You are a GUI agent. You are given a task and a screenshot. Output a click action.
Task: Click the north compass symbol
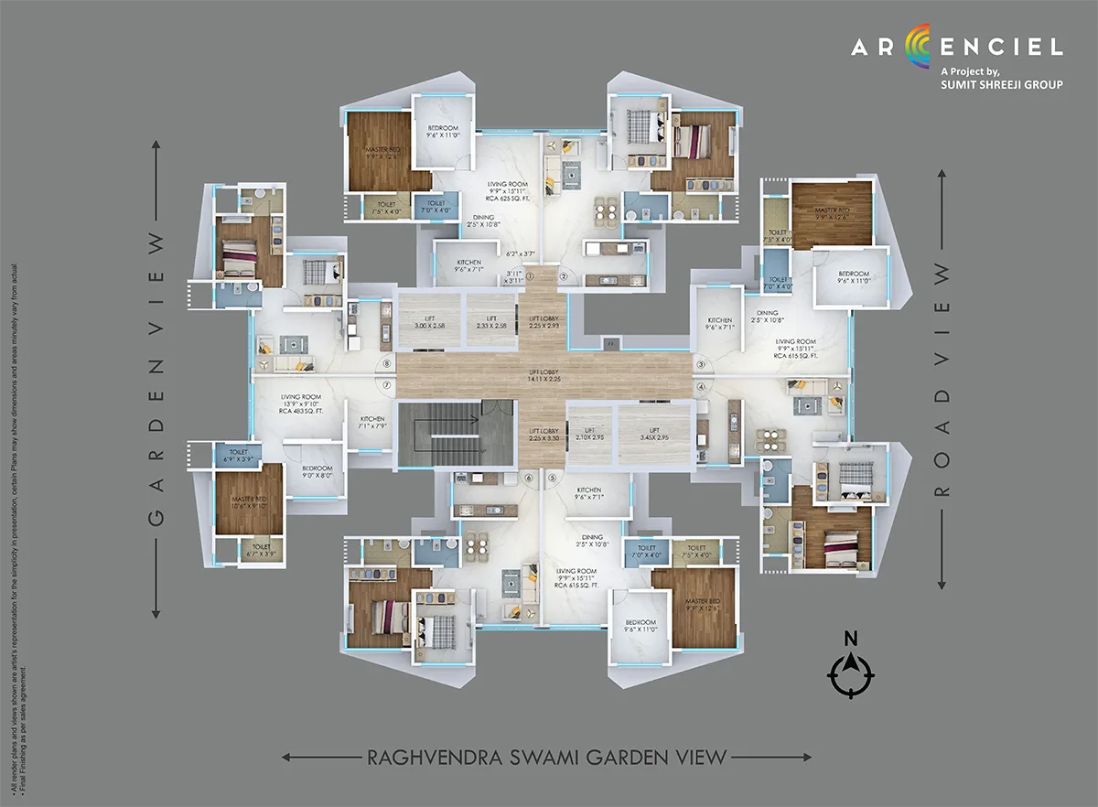(850, 677)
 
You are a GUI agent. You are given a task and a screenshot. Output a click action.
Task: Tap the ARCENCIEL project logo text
(956, 47)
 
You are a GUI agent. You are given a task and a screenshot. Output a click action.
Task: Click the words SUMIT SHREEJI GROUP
(1001, 85)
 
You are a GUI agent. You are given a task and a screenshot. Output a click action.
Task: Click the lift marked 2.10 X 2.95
(590, 434)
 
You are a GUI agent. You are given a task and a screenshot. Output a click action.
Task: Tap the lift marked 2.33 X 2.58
(491, 320)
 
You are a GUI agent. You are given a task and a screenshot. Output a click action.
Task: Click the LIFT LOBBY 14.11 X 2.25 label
(544, 376)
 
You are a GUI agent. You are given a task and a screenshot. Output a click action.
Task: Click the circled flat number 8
(387, 364)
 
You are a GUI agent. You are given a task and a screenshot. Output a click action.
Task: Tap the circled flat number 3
(702, 364)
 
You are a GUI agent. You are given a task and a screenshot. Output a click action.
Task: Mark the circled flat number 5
(552, 478)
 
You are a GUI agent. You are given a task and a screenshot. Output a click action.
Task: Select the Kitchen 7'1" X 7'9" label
(372, 422)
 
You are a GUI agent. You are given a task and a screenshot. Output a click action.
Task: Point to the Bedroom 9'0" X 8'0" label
(316, 472)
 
